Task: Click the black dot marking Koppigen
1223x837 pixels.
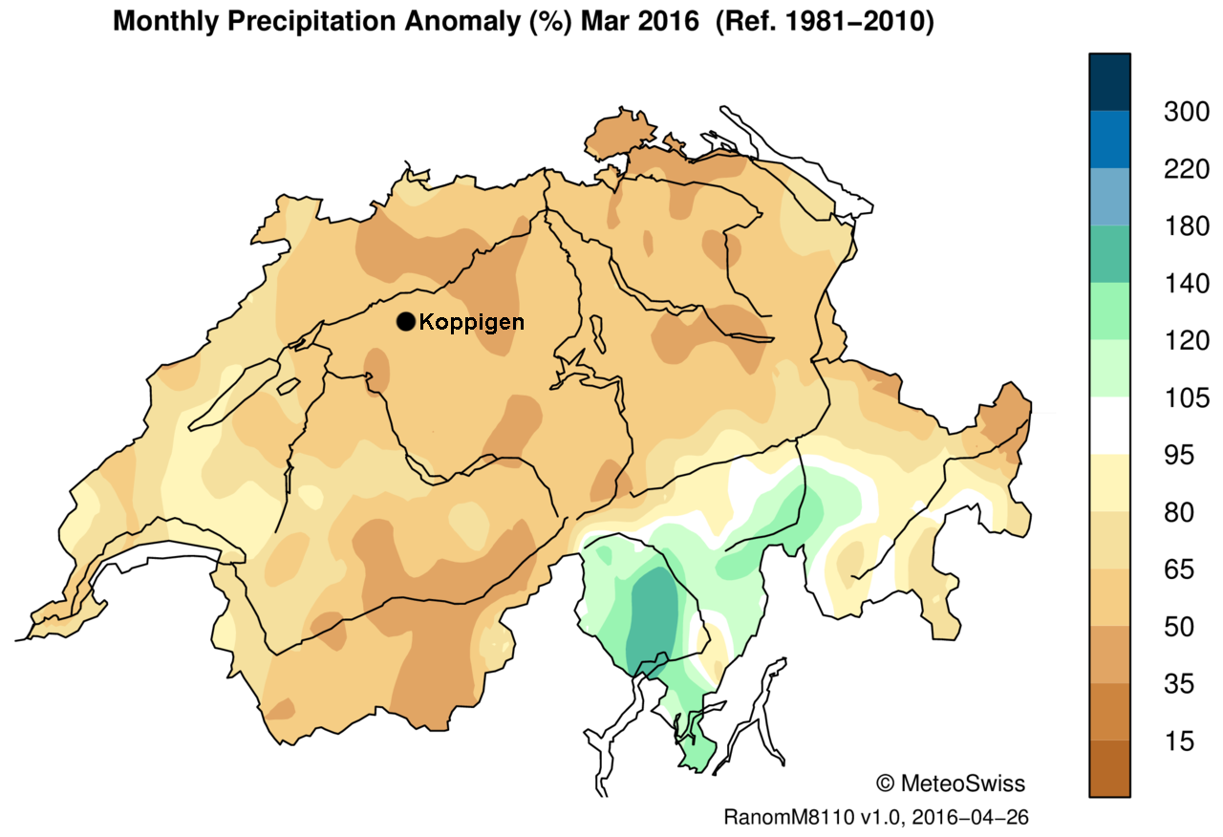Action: click(x=406, y=322)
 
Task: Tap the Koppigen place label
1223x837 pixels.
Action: click(x=471, y=322)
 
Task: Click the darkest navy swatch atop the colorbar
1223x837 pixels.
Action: click(x=1108, y=81)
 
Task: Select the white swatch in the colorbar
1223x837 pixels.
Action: click(x=1108, y=426)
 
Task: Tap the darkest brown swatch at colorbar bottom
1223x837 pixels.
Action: click(x=1108, y=769)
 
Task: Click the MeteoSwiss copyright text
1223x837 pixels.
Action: click(x=950, y=783)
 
